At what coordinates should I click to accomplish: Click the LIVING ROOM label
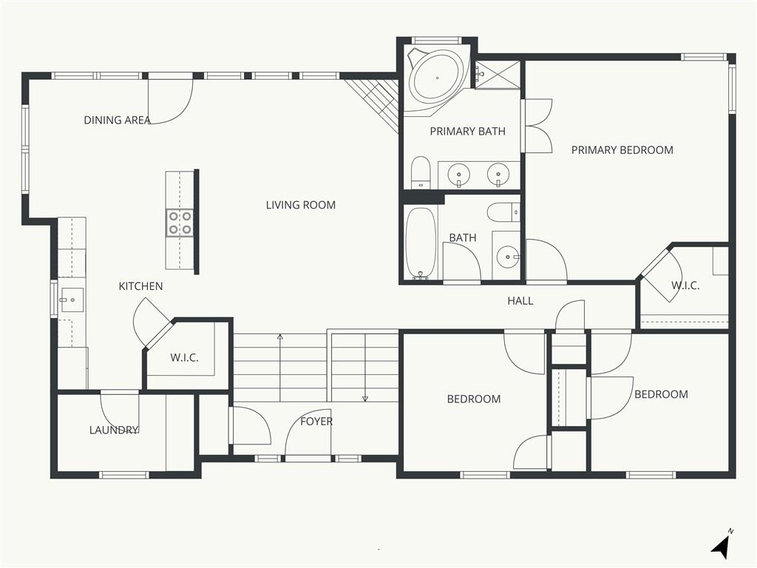(x=301, y=205)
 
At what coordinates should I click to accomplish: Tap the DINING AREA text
(x=118, y=121)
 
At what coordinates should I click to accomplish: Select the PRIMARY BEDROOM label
(x=622, y=150)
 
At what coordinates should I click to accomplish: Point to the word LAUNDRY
(x=114, y=430)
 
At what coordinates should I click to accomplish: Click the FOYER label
(x=316, y=422)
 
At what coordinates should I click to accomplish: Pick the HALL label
(x=520, y=301)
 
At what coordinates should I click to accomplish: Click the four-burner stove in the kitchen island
(x=180, y=223)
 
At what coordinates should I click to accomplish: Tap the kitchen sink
(x=71, y=300)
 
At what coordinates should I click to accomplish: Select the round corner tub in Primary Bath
(x=437, y=78)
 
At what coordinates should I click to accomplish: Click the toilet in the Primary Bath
(x=421, y=172)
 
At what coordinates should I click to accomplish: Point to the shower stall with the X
(x=498, y=75)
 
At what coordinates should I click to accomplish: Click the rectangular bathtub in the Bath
(x=421, y=243)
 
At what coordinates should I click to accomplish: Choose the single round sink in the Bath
(x=507, y=257)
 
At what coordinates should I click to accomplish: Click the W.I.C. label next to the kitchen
(x=184, y=358)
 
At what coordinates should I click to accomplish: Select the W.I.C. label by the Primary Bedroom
(x=685, y=285)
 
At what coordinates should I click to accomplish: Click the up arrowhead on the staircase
(x=280, y=337)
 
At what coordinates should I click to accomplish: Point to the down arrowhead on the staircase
(x=365, y=399)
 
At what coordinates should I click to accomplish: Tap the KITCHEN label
(x=141, y=286)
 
